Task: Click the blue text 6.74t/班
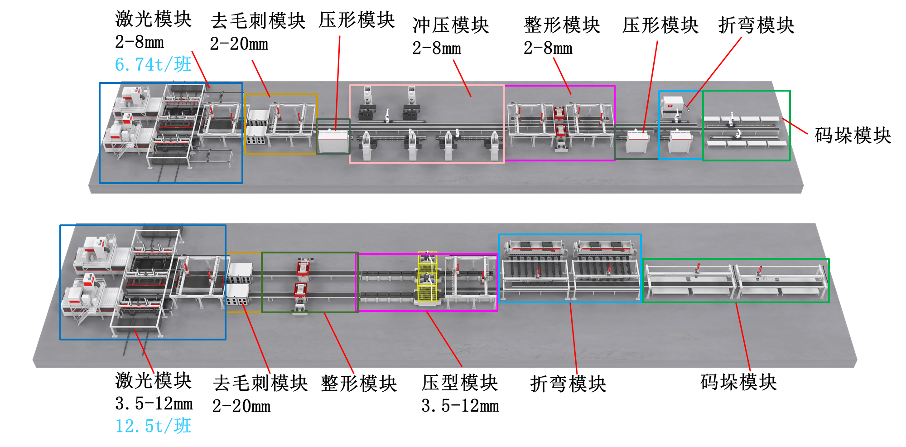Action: (x=153, y=64)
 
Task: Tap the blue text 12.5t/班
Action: (x=153, y=426)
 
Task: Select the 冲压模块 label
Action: (x=451, y=25)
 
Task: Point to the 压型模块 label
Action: (x=460, y=383)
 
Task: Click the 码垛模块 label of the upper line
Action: (x=853, y=135)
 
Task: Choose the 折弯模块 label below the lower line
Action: (x=568, y=384)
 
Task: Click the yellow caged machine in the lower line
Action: (x=427, y=277)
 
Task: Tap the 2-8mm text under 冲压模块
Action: (x=437, y=48)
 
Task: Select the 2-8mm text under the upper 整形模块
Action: (x=548, y=48)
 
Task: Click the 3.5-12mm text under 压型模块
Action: (x=460, y=406)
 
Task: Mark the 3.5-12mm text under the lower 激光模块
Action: (x=154, y=403)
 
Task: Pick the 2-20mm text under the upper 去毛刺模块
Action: (x=239, y=44)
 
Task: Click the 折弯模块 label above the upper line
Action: (x=757, y=25)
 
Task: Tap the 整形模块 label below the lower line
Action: (x=359, y=384)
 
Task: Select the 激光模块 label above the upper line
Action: (x=154, y=19)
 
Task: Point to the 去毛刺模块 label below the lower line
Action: (x=260, y=383)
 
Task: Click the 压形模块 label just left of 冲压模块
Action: (x=357, y=20)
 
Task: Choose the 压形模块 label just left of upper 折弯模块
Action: (x=660, y=25)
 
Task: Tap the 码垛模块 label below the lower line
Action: (x=739, y=382)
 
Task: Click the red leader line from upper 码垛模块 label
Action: (x=795, y=126)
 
